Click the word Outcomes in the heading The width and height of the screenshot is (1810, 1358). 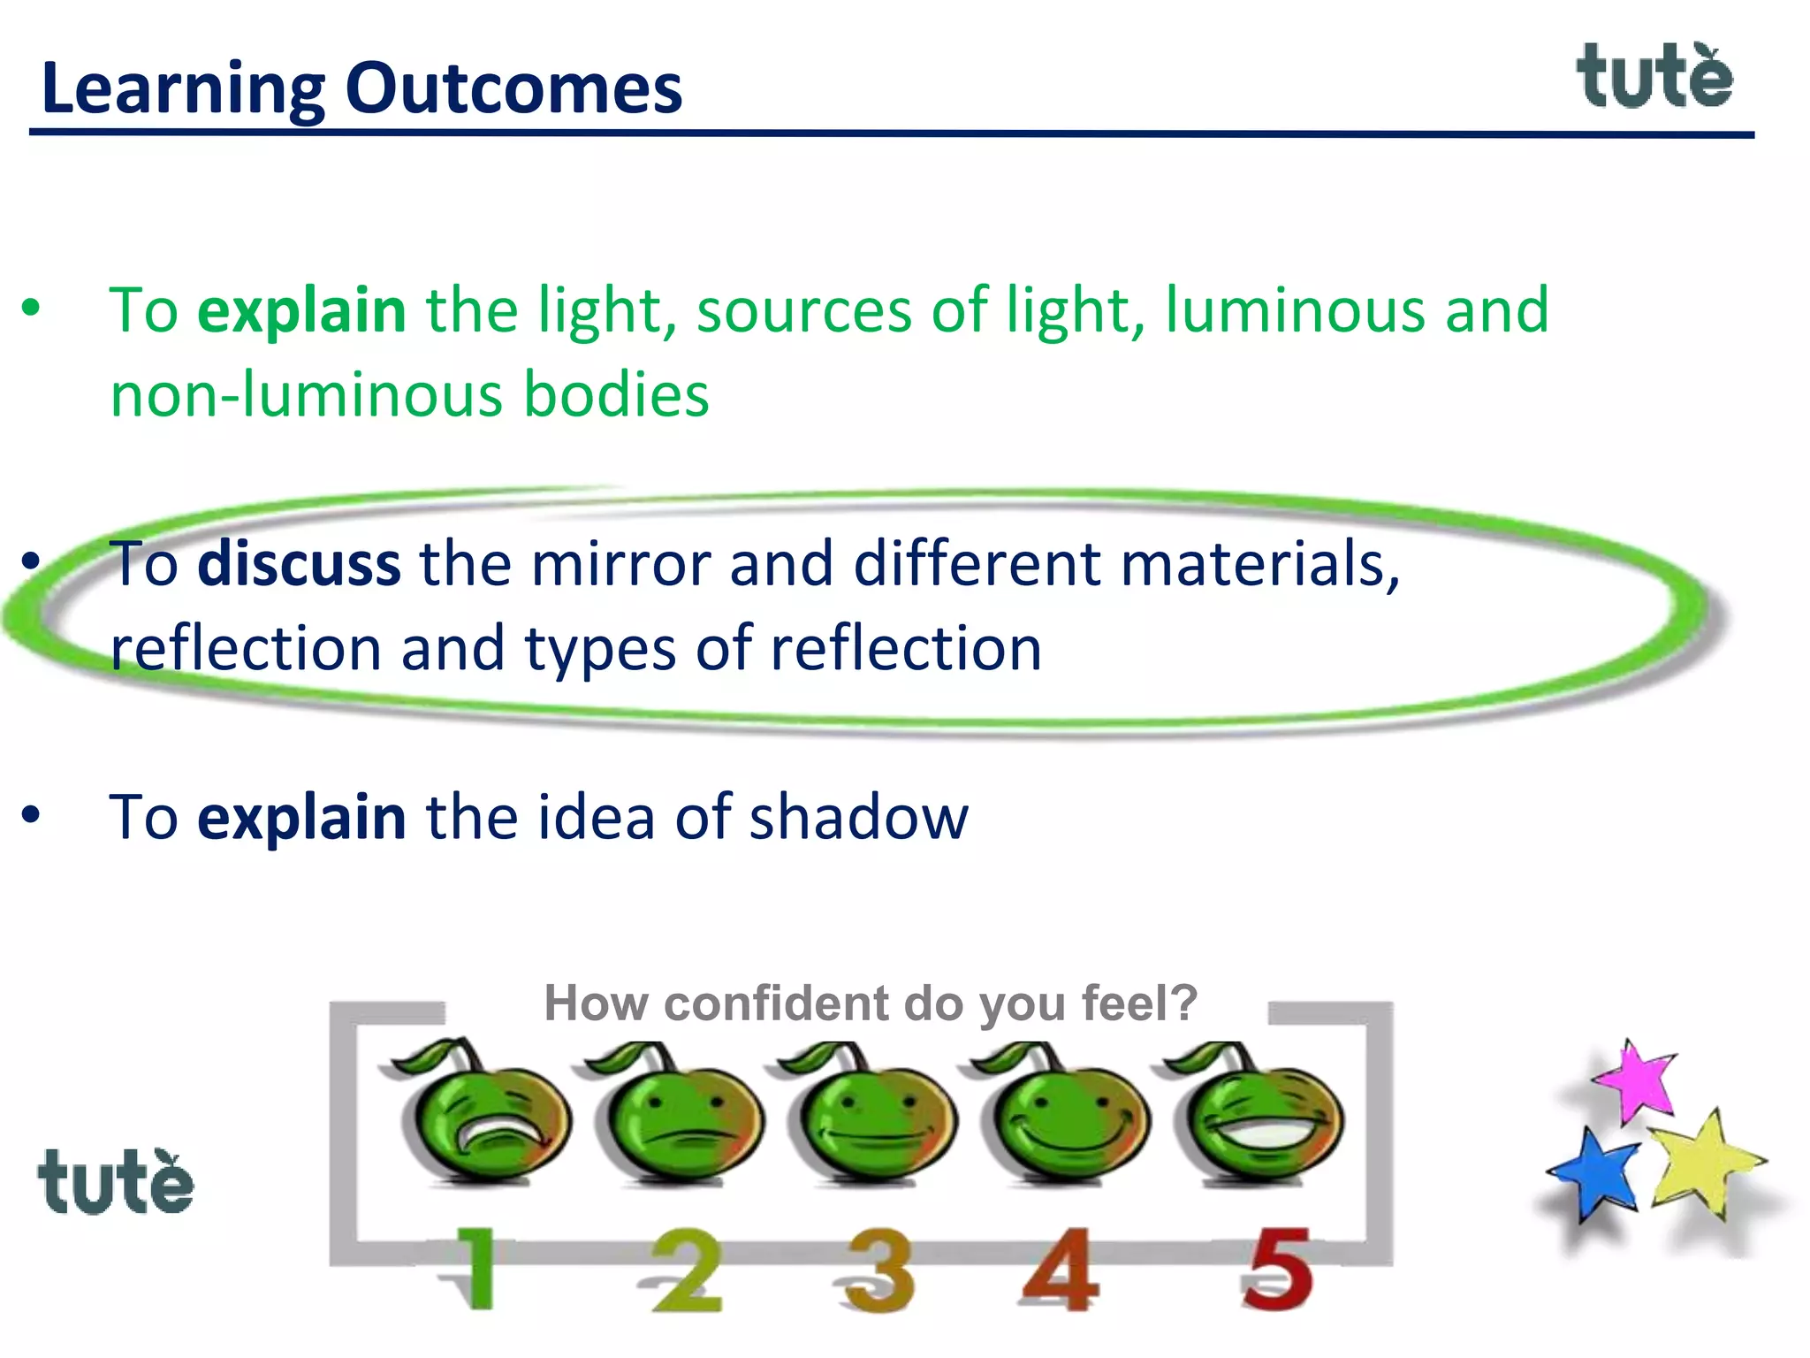(513, 88)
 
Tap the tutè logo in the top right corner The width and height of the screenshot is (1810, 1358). (1654, 77)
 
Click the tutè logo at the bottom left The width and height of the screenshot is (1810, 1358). (115, 1182)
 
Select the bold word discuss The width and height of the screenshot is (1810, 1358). (299, 564)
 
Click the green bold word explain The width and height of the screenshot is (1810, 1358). (301, 310)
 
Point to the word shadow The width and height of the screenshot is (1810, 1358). (858, 817)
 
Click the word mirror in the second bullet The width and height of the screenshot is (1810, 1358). (620, 564)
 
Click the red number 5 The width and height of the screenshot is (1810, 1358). (1276, 1269)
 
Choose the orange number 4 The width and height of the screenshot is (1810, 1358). (1061, 1269)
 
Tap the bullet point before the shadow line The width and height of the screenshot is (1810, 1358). (32, 814)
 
